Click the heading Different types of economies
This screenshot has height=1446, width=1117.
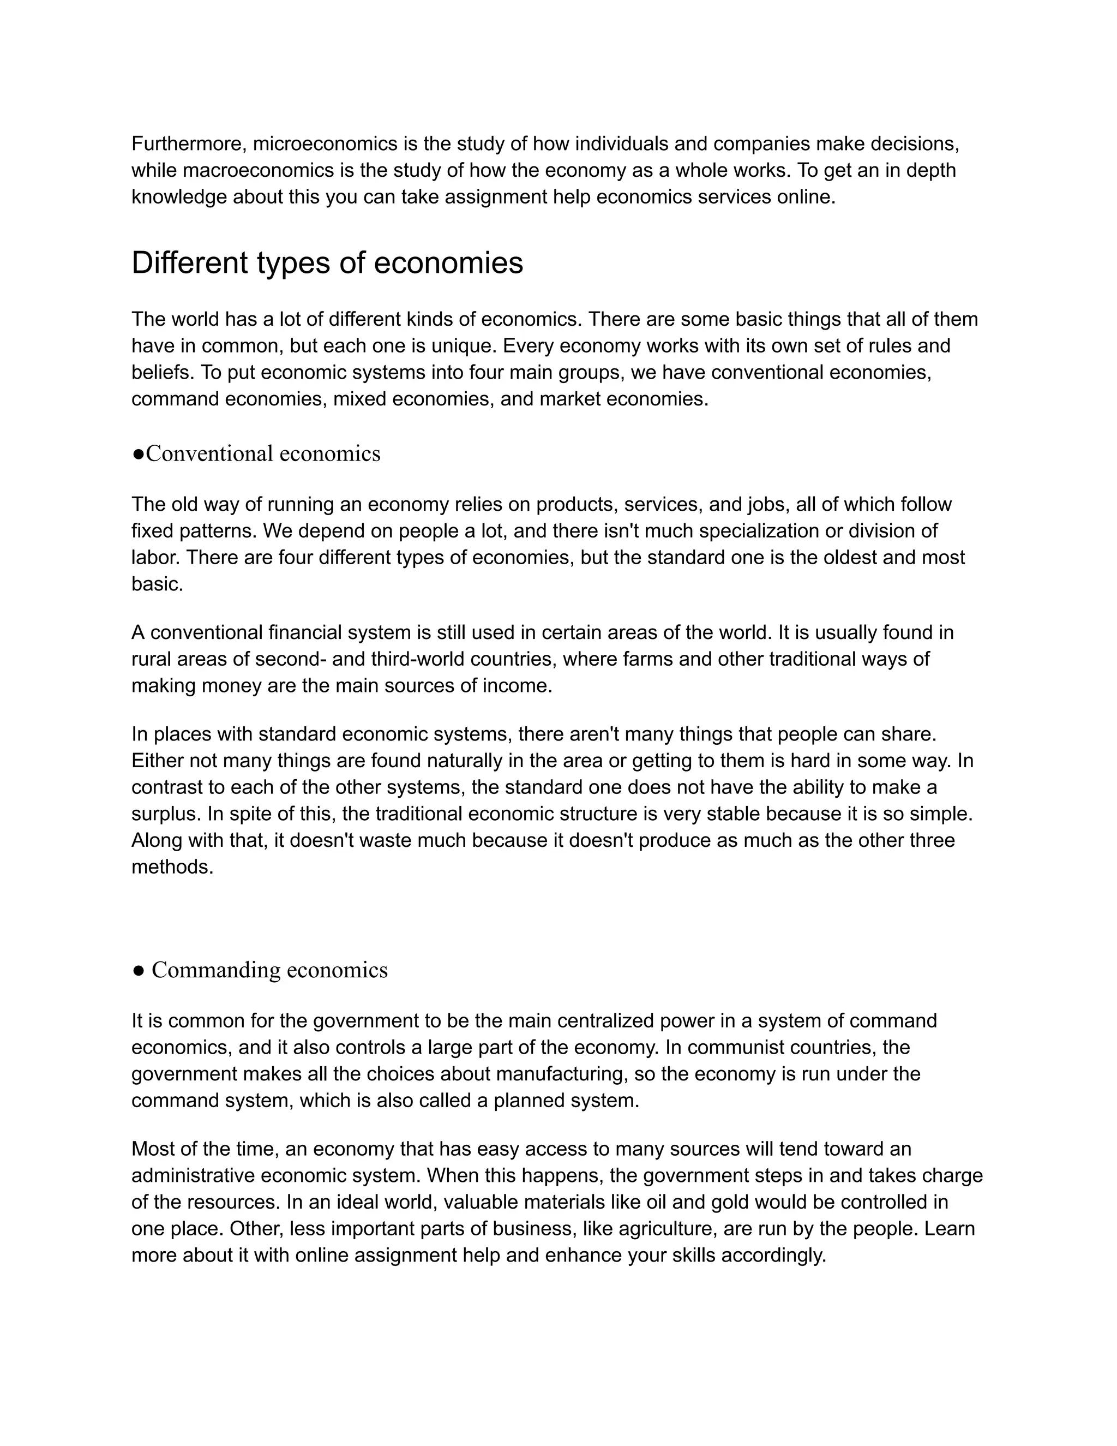click(x=327, y=263)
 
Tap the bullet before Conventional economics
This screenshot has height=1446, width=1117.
click(x=139, y=454)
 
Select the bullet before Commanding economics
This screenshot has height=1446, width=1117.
click(x=139, y=971)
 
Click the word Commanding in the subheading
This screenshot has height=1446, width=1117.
click(x=217, y=970)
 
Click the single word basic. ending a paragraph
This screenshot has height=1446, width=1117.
click(x=157, y=584)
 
